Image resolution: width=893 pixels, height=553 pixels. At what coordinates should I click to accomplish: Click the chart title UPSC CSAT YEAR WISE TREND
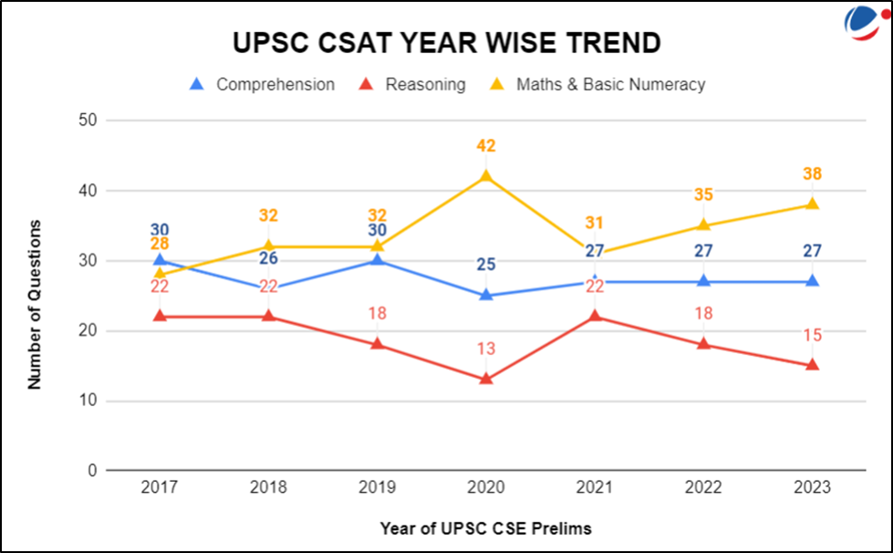[x=446, y=42]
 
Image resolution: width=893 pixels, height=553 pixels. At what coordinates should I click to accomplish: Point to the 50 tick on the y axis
[x=88, y=120]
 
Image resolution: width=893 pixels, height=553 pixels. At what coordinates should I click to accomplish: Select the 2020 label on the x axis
[x=485, y=488]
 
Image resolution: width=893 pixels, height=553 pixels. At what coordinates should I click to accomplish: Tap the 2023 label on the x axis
[x=812, y=488]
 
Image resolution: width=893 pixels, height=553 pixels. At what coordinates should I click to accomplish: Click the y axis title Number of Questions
[x=35, y=304]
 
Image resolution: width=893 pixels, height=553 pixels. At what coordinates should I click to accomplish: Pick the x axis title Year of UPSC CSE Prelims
[x=485, y=527]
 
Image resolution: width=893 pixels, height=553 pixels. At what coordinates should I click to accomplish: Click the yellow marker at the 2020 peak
[x=486, y=176]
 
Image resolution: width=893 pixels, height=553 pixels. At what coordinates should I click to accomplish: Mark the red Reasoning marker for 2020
[x=486, y=378]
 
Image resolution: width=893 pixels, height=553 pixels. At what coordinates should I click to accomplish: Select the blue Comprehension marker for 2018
[x=268, y=288]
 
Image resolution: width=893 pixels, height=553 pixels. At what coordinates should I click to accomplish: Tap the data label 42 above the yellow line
[x=486, y=146]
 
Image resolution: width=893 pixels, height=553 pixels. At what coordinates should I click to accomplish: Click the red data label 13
[x=486, y=349]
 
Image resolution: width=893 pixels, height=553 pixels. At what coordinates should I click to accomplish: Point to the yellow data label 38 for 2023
[x=812, y=174]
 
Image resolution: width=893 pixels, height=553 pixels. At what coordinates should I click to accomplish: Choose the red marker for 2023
[x=812, y=365]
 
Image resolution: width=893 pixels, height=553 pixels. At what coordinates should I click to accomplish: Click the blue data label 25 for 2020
[x=486, y=266]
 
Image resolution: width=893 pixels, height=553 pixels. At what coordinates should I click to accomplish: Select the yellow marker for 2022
[x=703, y=224]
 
